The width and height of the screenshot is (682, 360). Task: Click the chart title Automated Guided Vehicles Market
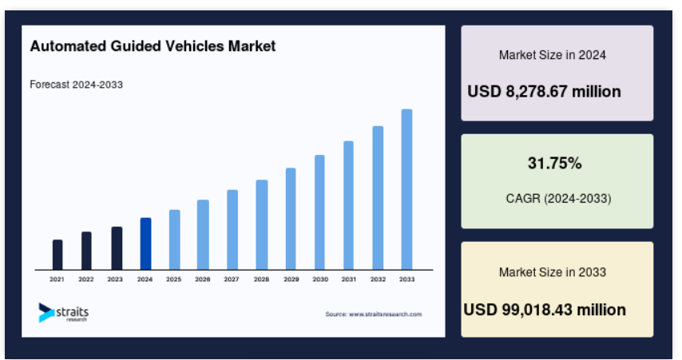pyautogui.click(x=153, y=47)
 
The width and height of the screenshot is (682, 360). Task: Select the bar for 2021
pyautogui.click(x=57, y=255)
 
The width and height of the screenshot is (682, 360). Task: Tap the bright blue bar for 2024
pyautogui.click(x=145, y=243)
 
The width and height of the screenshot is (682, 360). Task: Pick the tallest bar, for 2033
pyautogui.click(x=406, y=189)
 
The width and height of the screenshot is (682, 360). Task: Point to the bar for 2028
pyautogui.click(x=262, y=224)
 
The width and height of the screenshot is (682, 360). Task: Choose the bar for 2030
pyautogui.click(x=319, y=212)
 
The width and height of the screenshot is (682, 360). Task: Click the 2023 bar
pyautogui.click(x=117, y=248)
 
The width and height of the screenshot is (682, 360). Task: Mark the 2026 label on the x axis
pyautogui.click(x=203, y=279)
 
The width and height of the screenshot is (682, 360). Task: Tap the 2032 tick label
pyautogui.click(x=378, y=279)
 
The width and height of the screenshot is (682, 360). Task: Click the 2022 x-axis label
pyautogui.click(x=86, y=279)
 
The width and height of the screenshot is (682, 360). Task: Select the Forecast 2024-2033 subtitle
pyautogui.click(x=76, y=84)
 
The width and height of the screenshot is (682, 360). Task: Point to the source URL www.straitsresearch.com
pyautogui.click(x=374, y=315)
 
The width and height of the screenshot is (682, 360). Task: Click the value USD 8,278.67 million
pyautogui.click(x=544, y=92)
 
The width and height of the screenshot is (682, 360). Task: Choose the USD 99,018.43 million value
pyautogui.click(x=545, y=309)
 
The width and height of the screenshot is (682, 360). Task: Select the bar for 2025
pyautogui.click(x=174, y=239)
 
